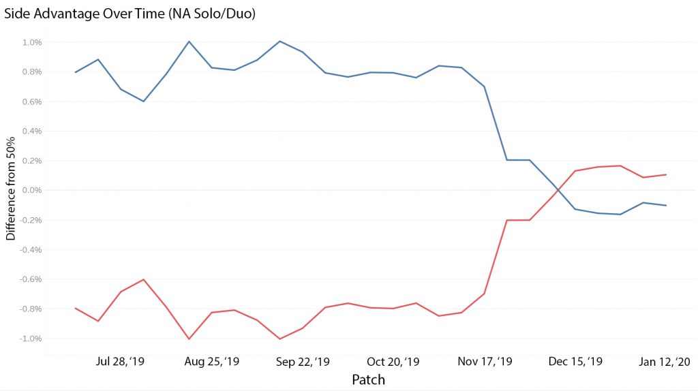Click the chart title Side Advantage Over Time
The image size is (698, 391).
85,14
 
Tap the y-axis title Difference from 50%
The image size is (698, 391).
10,189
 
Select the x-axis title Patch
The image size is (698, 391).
368,379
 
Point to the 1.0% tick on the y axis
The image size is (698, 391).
32,42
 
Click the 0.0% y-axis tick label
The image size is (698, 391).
32,190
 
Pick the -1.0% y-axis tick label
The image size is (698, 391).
31,339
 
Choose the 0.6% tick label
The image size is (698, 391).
32,102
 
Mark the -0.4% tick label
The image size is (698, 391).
31,249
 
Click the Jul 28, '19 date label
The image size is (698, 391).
120,361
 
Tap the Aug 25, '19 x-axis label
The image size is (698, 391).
212,361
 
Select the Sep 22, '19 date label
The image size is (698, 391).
303,361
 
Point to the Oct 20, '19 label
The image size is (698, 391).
393,361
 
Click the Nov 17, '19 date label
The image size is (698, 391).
485,361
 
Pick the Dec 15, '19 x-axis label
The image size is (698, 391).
575,361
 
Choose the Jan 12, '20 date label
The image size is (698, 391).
665,361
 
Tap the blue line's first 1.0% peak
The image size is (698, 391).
189,42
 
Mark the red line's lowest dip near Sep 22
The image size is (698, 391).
280,339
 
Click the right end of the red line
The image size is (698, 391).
667,175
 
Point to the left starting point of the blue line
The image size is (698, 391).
75,72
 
